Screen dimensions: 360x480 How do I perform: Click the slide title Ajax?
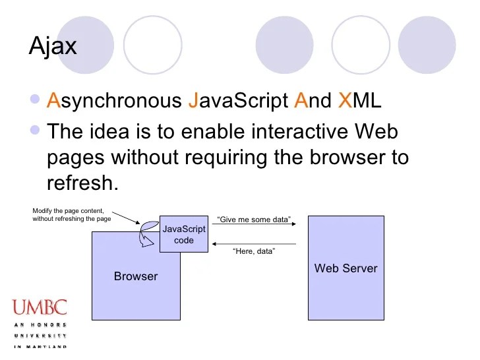[53, 47]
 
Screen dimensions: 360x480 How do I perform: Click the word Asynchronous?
[113, 101]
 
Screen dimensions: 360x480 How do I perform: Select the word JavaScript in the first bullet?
[238, 101]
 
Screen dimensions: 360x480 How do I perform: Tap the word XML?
[359, 101]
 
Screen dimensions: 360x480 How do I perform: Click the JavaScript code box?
[184, 235]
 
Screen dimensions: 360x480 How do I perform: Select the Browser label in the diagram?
[136, 276]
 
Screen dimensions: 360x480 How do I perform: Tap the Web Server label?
[345, 268]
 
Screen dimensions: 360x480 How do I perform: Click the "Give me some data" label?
[254, 220]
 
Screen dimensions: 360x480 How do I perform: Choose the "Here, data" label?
[254, 251]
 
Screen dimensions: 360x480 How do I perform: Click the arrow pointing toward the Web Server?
[253, 226]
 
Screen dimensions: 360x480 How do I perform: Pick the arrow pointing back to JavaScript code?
[253, 244]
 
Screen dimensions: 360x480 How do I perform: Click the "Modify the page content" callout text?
[71, 215]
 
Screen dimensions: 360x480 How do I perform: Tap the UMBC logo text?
[40, 308]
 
